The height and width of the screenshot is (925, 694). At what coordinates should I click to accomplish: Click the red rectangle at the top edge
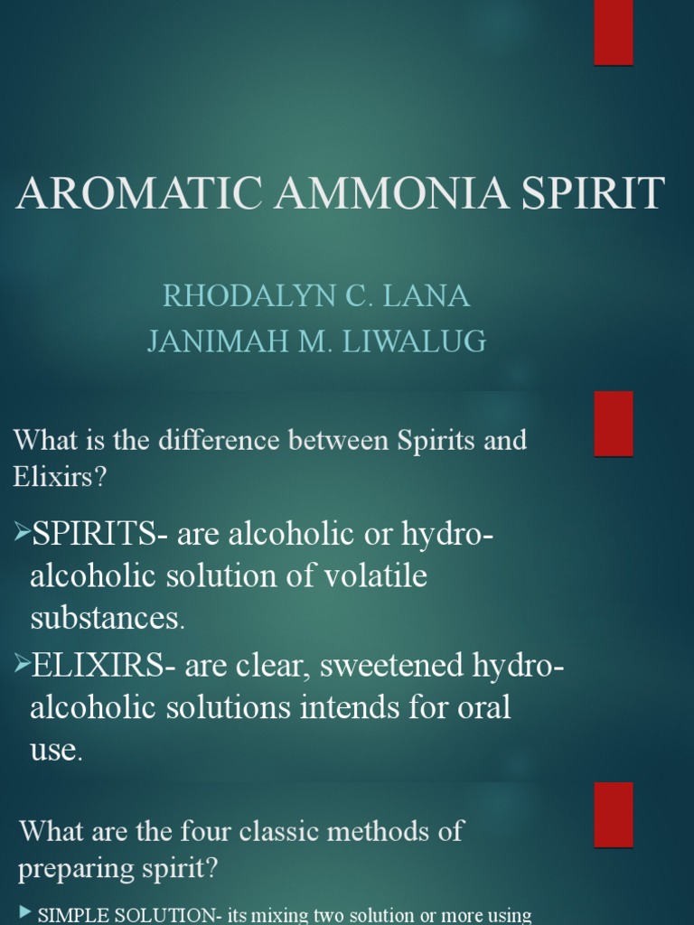pos(614,33)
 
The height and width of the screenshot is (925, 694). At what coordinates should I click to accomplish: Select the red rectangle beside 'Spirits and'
pos(614,424)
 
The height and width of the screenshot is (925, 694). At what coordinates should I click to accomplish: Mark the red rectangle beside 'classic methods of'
pos(614,815)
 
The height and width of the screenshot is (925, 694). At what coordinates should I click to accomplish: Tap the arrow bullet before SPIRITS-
pos(21,534)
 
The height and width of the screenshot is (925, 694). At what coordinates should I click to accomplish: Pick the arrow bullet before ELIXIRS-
pos(21,667)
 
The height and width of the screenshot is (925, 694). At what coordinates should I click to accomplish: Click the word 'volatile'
pos(370,576)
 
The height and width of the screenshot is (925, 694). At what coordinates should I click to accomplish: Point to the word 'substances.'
pos(107,619)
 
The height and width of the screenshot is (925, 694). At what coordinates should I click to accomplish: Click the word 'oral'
pos(482,706)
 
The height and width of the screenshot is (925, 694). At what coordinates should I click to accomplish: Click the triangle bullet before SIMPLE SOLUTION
pos(25,913)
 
